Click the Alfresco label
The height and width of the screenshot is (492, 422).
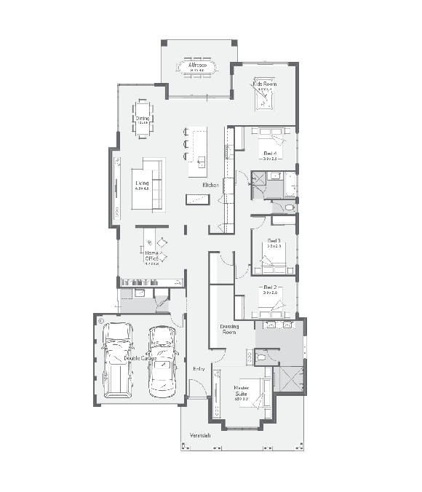198,66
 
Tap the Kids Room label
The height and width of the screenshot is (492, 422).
265,84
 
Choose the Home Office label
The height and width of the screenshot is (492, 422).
151,255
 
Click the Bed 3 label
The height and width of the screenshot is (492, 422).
274,241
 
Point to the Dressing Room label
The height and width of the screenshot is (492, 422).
230,329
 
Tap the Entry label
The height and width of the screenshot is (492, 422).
199,369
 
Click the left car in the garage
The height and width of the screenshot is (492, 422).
118,360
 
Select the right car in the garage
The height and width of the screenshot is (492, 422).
163,360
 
